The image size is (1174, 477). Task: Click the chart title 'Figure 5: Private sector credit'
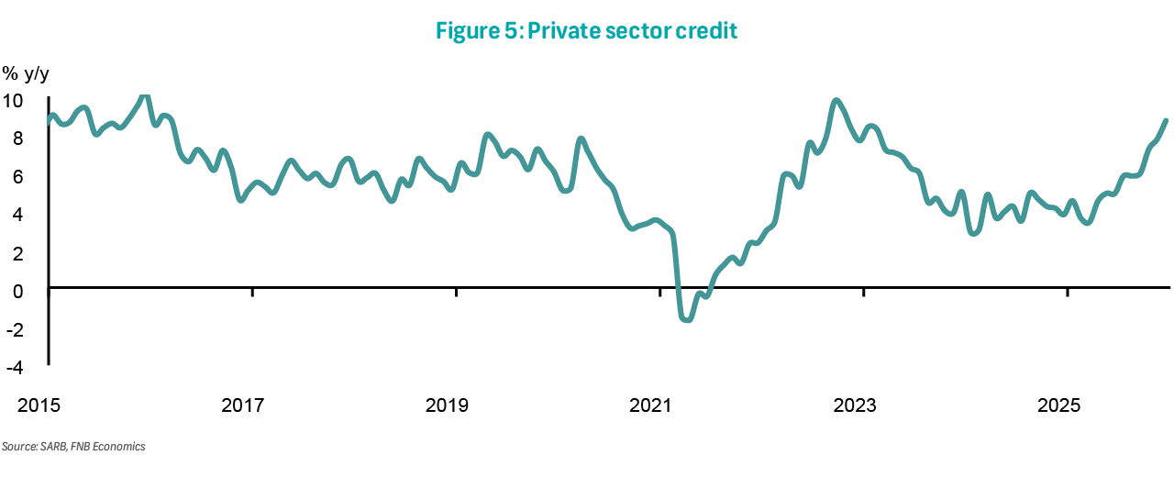(x=587, y=31)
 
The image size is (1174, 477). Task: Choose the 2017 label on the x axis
(x=243, y=405)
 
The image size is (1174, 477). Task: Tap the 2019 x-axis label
(x=448, y=405)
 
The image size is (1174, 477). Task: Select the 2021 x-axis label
(x=652, y=405)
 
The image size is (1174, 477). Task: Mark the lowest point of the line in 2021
(x=686, y=319)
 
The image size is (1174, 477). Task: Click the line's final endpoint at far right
(x=1165, y=121)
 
